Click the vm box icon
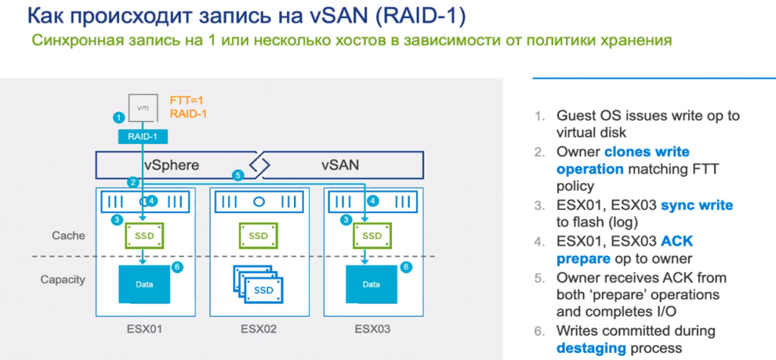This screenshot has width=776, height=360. (x=142, y=107)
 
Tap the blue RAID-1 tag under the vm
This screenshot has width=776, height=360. (x=142, y=136)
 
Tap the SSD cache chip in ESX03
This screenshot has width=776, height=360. (x=371, y=235)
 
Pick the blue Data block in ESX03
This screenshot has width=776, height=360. (x=371, y=284)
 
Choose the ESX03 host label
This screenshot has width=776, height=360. (x=371, y=330)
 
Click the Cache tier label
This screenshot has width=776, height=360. (x=68, y=236)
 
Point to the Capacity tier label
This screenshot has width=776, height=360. (x=63, y=280)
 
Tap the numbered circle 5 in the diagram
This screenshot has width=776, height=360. (x=238, y=176)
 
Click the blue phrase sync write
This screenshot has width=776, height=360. (x=696, y=205)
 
